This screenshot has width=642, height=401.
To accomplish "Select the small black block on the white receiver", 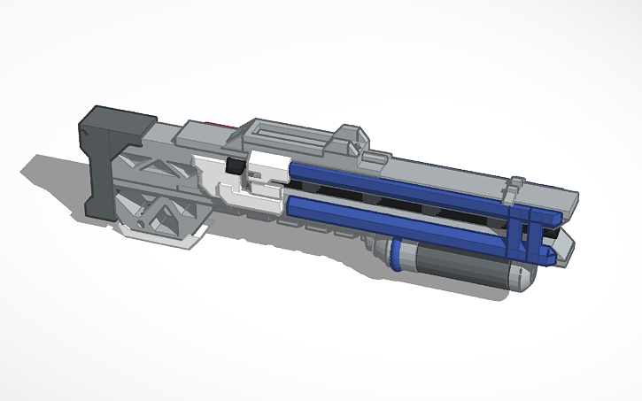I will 236,166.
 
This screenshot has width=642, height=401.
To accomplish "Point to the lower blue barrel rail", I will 398,221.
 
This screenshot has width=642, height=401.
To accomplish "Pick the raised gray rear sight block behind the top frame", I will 350,137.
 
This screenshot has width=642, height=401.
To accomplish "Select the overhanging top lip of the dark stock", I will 120,120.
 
